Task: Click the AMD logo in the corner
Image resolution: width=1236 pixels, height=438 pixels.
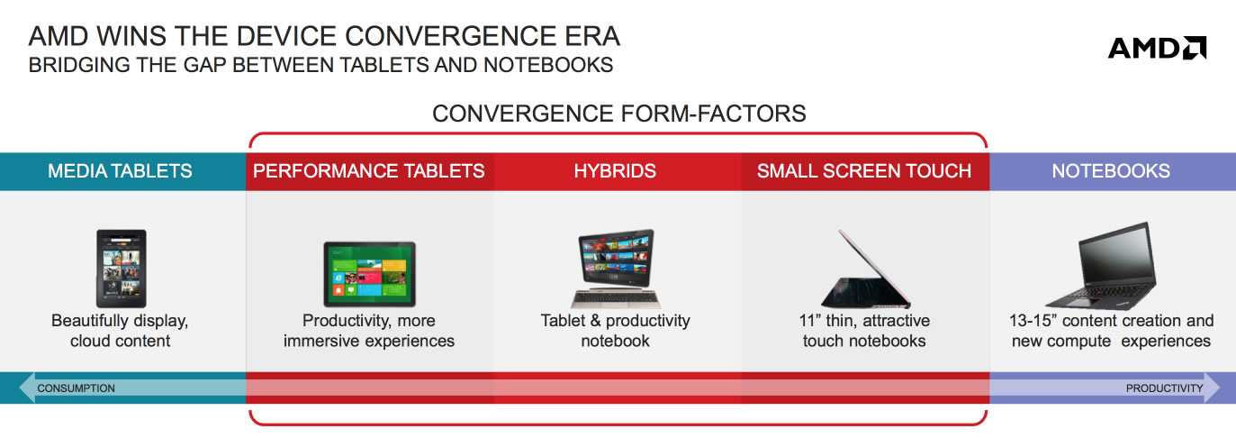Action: (1157, 48)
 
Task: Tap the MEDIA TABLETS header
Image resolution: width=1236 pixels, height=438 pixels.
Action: (120, 171)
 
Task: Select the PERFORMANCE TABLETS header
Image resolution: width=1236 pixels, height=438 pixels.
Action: (368, 171)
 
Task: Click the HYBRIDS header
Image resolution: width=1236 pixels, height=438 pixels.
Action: (615, 171)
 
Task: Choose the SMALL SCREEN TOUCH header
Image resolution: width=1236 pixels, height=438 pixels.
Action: (864, 171)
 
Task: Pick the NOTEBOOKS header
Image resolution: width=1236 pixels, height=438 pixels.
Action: (1111, 171)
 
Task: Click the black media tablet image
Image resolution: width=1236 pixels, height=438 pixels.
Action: (122, 269)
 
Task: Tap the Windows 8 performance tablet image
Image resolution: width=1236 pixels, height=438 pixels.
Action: (369, 274)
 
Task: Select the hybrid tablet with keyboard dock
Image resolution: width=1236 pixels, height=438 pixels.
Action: (615, 269)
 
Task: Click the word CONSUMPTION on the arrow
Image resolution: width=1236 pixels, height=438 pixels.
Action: (77, 388)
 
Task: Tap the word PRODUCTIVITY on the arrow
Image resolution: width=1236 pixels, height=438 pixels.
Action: (1164, 388)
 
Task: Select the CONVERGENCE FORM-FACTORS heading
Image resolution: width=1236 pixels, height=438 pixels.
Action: (618, 114)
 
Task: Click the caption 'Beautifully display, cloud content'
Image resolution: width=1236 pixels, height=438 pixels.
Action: (120, 330)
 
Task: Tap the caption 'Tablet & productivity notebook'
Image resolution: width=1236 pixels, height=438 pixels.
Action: (615, 330)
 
